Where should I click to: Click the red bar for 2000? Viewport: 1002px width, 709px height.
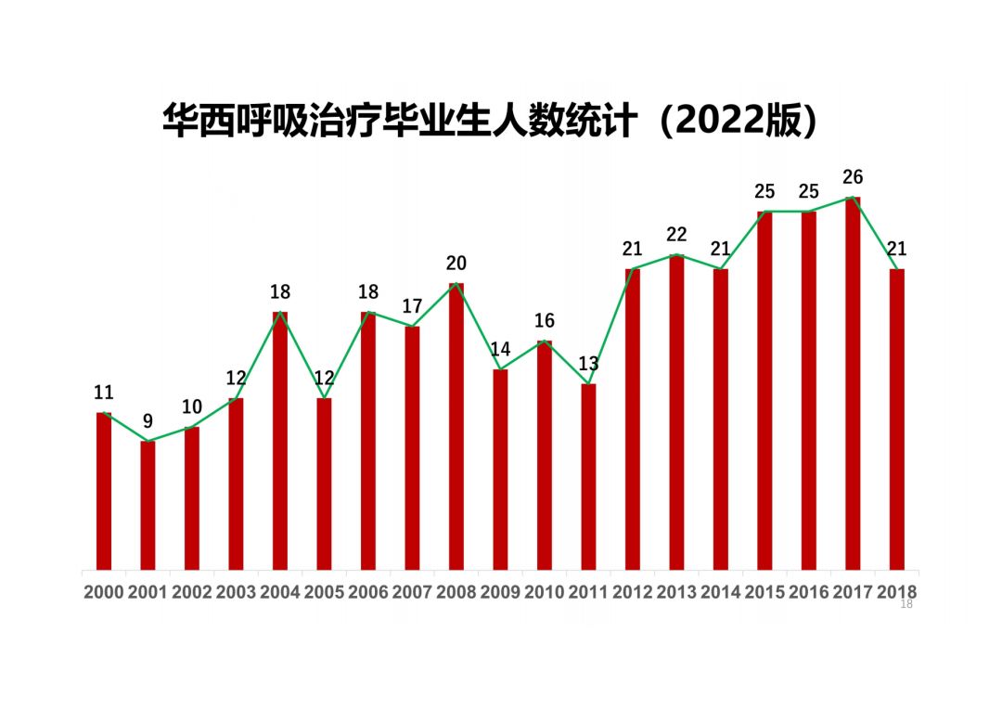pyautogui.click(x=104, y=491)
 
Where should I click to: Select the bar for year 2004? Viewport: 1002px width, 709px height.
pyautogui.click(x=280, y=441)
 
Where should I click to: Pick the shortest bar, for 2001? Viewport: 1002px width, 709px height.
pyautogui.click(x=148, y=505)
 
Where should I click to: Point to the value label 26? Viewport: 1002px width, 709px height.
pyautogui.click(x=853, y=176)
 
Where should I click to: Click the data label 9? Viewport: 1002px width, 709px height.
pyautogui.click(x=148, y=421)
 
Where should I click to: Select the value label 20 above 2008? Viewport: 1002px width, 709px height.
pyautogui.click(x=456, y=263)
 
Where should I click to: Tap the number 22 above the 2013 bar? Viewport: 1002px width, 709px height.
pyautogui.click(x=676, y=235)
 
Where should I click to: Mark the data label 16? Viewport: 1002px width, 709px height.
pyautogui.click(x=545, y=321)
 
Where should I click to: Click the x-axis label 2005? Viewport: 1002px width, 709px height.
pyautogui.click(x=324, y=592)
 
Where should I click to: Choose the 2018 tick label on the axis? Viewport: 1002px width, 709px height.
pyautogui.click(x=896, y=592)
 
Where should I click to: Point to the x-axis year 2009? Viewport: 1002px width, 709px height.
pyautogui.click(x=500, y=592)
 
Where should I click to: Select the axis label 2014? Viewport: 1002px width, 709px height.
pyautogui.click(x=720, y=592)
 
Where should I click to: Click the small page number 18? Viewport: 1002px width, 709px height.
pyautogui.click(x=906, y=605)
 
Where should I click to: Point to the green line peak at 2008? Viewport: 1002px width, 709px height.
pyautogui.click(x=456, y=284)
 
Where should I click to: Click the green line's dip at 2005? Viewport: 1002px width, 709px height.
pyautogui.click(x=324, y=399)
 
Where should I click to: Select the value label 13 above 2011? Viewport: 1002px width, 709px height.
pyautogui.click(x=588, y=364)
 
